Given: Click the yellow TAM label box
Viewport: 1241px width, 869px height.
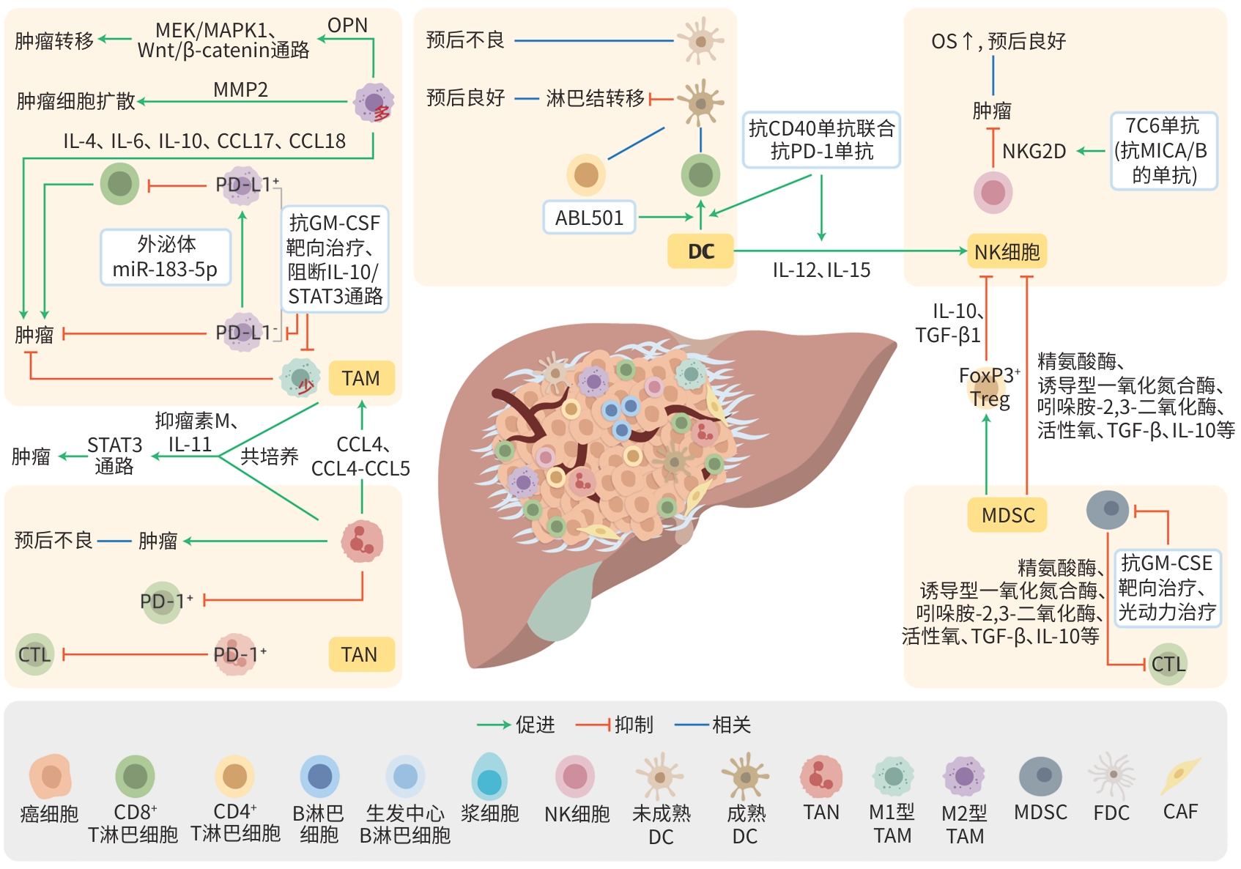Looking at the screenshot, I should (361, 378).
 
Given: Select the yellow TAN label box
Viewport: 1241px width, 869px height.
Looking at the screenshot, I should (359, 654).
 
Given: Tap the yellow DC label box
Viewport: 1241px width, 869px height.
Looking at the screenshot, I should (700, 251).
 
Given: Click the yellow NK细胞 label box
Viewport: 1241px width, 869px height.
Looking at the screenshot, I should (1007, 252).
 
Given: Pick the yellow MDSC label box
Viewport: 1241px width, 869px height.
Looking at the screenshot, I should (1008, 515).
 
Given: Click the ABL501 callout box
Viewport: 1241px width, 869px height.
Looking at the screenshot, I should (589, 218).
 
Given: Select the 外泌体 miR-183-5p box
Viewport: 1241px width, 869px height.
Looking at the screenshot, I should (166, 256).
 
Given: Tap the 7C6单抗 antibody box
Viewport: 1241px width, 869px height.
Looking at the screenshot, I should (1163, 151).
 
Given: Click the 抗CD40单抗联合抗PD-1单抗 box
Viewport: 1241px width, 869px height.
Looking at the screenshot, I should (821, 140).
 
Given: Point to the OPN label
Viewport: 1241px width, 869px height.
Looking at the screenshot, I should (347, 26).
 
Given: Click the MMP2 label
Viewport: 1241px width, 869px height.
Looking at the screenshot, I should (240, 89).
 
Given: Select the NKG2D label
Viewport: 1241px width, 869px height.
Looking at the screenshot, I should (1034, 152).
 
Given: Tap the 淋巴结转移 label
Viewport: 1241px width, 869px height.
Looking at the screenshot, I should (595, 98).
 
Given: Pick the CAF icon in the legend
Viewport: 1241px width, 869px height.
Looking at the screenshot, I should (1179, 777).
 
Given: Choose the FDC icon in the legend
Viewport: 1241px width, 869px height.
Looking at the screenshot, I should (1111, 775).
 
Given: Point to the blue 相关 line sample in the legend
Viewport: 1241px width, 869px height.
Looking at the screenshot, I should (690, 725).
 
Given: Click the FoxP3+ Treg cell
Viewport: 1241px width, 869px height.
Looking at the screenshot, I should (988, 388).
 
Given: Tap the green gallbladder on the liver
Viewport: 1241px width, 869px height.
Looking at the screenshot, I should (561, 604).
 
